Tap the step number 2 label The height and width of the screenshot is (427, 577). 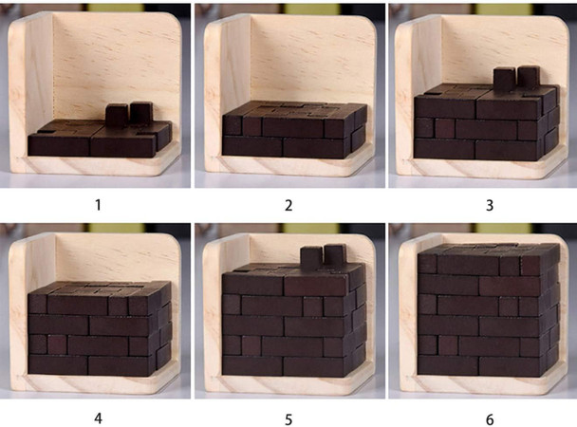pos(288,203)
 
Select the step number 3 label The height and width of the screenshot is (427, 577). pos(482,203)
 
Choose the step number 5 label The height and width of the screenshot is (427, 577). pos(288,416)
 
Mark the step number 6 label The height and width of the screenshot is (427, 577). pos(482,416)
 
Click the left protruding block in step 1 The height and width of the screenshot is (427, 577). pos(117,116)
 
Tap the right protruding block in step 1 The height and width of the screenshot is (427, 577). pos(141,113)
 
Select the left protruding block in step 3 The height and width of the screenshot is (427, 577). pos(504,81)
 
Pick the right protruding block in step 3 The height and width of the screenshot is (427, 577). pos(528,78)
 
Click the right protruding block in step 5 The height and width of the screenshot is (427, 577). pos(334,254)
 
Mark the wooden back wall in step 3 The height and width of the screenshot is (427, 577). pos(475,47)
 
